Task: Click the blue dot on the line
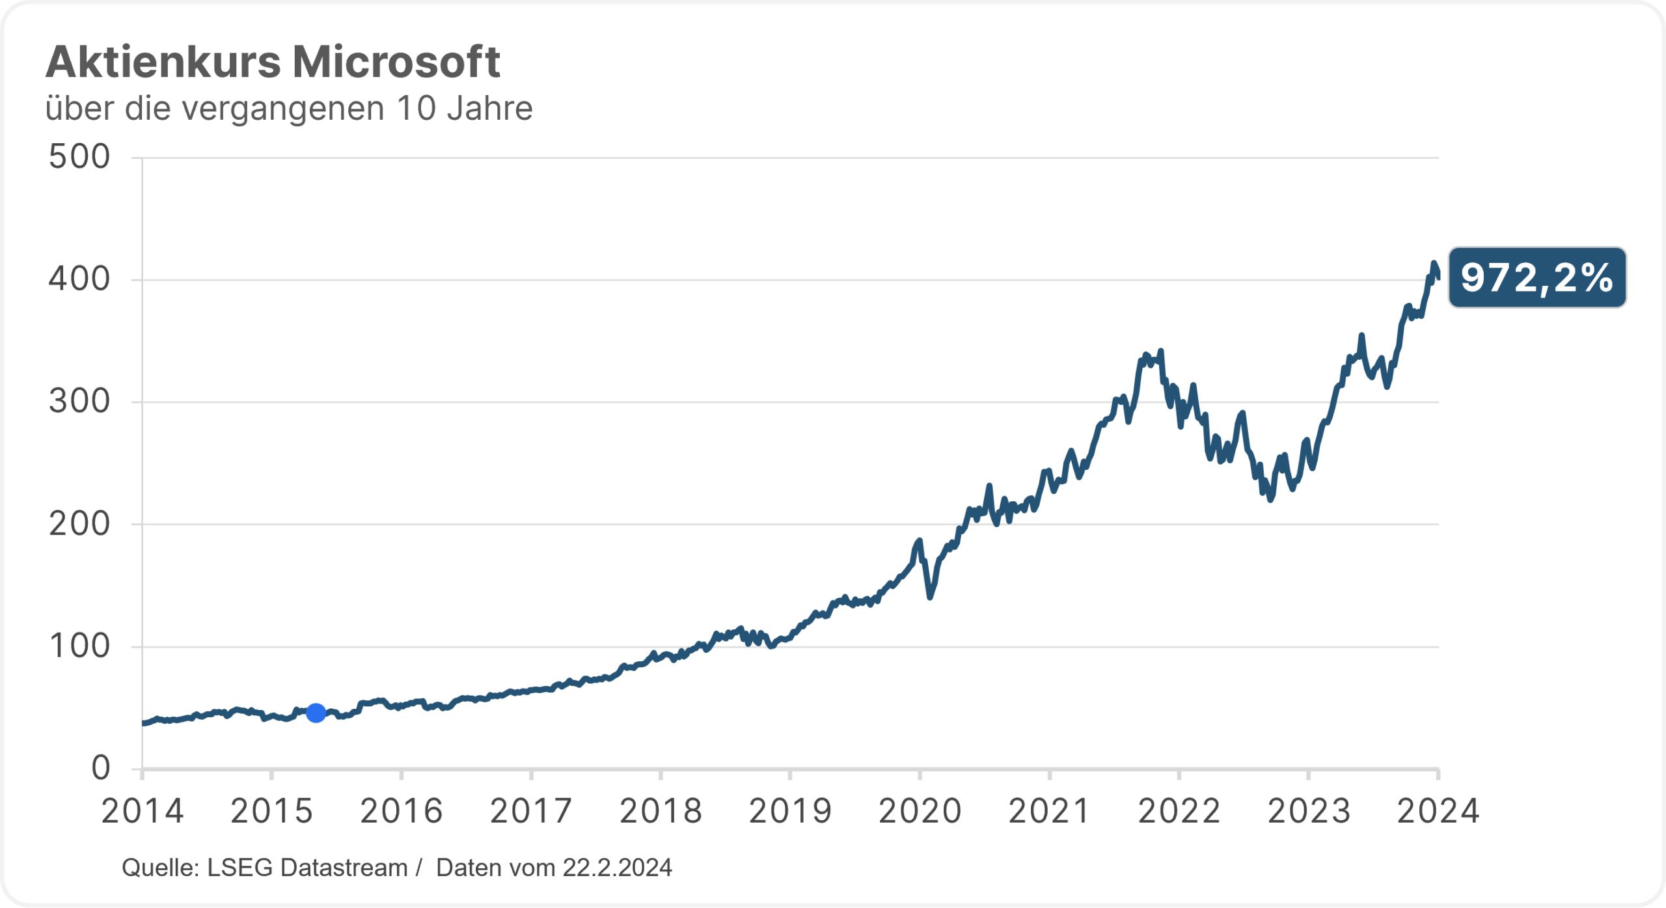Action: pos(316,713)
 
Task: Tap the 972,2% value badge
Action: pos(1536,278)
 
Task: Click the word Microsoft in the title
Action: pos(396,62)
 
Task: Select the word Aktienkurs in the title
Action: pos(163,62)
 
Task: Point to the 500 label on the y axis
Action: pos(79,157)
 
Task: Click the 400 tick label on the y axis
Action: pos(79,279)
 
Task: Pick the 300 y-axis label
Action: pos(79,402)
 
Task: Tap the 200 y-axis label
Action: pos(79,524)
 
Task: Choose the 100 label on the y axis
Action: pos(79,646)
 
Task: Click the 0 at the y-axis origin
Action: pos(101,768)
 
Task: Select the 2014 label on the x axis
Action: pos(143,812)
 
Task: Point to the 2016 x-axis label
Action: pos(402,812)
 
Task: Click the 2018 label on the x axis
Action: pos(661,812)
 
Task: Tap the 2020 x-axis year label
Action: pos(920,812)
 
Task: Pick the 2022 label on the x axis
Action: pos(1179,812)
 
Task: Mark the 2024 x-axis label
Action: pos(1438,812)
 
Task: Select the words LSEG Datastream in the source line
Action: pos(307,868)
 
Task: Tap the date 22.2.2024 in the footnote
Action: pos(617,868)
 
